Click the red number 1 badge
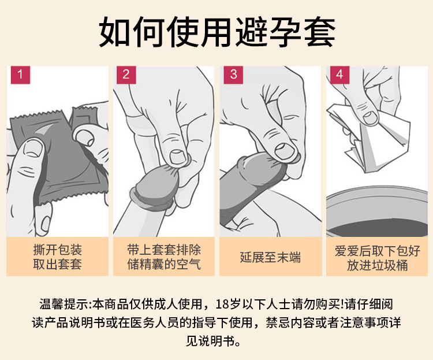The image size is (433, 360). pos(20,75)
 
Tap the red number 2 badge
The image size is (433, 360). pos(126,75)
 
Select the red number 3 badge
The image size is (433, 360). pos(233,75)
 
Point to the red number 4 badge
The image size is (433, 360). pos(339,75)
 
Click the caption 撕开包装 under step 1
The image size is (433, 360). pos(57,250)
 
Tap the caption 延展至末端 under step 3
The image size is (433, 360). pos(270,257)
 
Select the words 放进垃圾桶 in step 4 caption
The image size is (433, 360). pos(377,265)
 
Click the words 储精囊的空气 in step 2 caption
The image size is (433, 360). pos(164,264)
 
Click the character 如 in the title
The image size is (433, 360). pos(115,32)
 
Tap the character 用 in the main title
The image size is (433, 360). pos(217,32)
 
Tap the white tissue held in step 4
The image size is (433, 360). pos(370,138)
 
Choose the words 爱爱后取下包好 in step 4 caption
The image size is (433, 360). pos(377,251)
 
